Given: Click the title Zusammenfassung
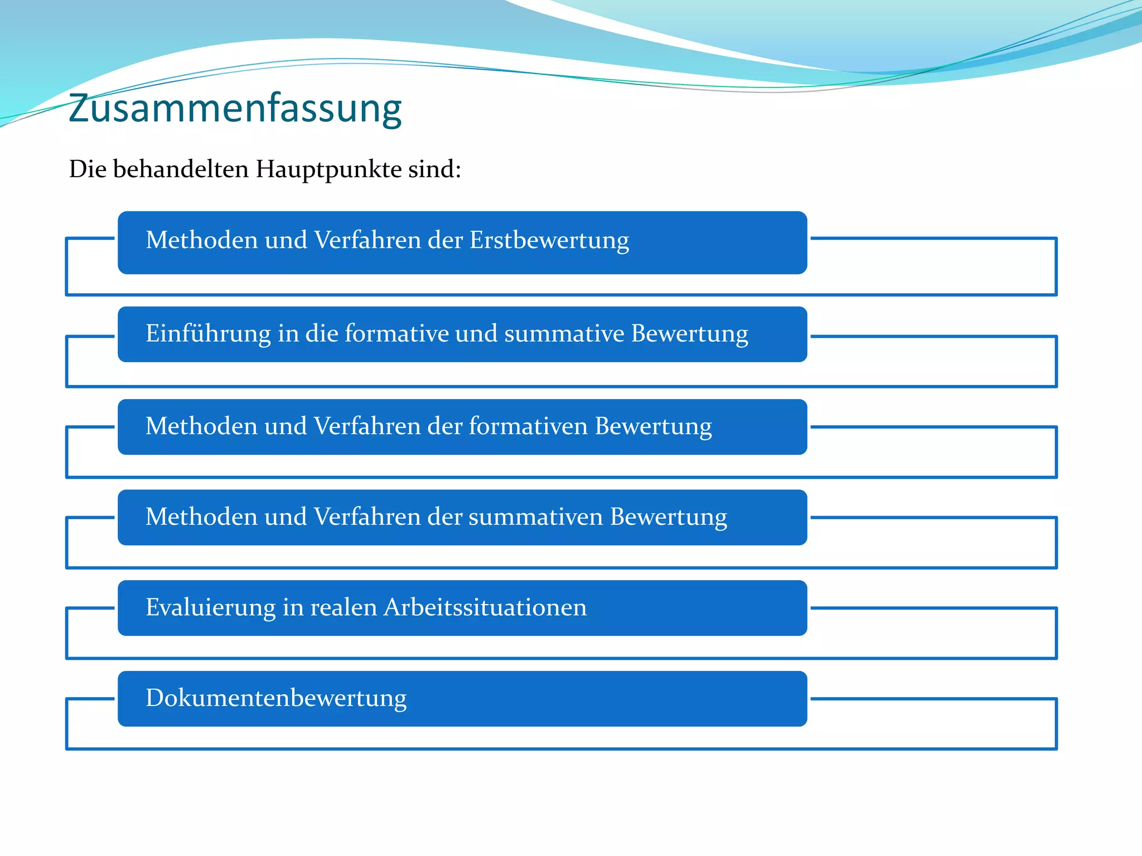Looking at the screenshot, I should (235, 109).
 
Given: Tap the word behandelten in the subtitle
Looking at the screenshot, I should (181, 169).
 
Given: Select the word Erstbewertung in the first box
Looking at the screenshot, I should (549, 241).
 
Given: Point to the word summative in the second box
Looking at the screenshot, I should (564, 334).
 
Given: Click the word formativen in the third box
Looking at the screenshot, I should (528, 426).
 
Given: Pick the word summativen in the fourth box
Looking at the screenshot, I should (535, 517).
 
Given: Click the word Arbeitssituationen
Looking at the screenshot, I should (485, 607).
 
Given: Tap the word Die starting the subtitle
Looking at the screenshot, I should (88, 169).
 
